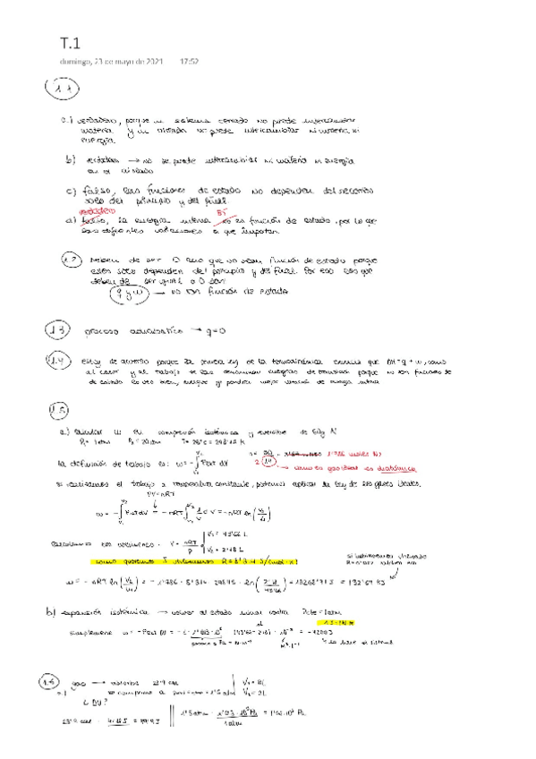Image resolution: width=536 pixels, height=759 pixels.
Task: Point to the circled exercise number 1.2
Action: [72, 261]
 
